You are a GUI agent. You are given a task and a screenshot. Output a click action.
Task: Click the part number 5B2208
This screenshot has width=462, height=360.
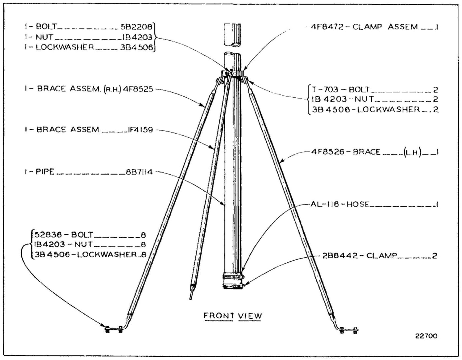click(x=137, y=27)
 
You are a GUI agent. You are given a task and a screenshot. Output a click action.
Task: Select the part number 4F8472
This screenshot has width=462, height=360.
click(x=327, y=27)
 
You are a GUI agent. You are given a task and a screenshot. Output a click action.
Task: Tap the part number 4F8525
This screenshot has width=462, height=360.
click(x=138, y=89)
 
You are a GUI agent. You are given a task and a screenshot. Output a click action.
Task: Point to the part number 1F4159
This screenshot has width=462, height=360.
click(x=140, y=129)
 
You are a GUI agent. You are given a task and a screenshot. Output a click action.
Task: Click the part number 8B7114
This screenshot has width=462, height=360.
click(x=139, y=172)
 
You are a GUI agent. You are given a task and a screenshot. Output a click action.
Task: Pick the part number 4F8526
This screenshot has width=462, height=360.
click(x=328, y=152)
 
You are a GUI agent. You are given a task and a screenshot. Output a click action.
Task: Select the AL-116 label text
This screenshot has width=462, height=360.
click(x=325, y=204)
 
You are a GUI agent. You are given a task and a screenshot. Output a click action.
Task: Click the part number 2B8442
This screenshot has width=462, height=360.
click(x=340, y=255)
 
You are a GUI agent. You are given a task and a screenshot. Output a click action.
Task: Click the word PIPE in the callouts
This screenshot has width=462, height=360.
click(x=45, y=172)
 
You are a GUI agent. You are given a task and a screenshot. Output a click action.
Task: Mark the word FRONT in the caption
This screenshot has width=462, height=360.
click(x=219, y=316)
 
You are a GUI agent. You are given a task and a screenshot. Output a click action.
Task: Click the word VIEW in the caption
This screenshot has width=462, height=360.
click(x=250, y=316)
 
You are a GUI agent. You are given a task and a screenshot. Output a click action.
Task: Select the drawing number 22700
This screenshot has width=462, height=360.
click(x=426, y=336)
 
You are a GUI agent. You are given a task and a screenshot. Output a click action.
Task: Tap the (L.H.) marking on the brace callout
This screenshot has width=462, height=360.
click(x=412, y=152)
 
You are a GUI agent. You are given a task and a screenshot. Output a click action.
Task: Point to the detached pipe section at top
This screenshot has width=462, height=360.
click(x=233, y=35)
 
